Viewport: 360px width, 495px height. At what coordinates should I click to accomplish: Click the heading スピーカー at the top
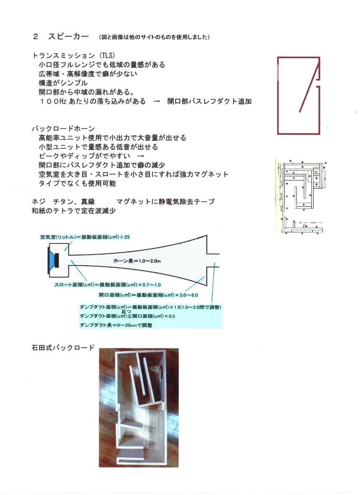(68, 36)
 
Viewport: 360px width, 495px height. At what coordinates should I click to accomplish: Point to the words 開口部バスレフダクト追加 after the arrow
(209, 101)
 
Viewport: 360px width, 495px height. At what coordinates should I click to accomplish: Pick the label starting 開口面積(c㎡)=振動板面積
(149, 295)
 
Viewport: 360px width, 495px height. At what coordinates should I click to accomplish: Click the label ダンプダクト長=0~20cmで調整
(116, 325)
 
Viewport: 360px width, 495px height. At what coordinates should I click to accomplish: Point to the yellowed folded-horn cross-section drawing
(301, 197)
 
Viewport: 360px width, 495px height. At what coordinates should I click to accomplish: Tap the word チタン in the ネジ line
(61, 202)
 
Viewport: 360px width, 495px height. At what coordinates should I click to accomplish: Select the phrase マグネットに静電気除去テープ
(166, 202)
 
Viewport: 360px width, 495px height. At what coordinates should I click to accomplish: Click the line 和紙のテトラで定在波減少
(74, 211)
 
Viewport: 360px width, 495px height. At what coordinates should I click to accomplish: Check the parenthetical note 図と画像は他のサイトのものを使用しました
(155, 37)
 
